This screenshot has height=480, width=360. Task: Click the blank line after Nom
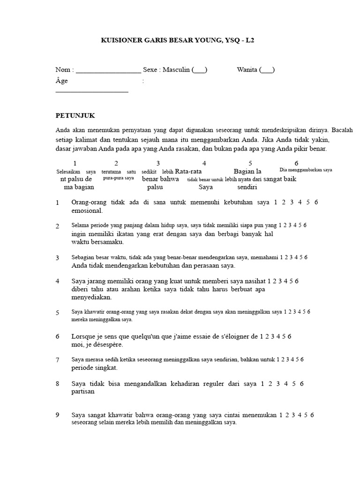[108, 70]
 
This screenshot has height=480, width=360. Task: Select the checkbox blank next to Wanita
[267, 70]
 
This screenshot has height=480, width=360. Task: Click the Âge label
[61, 81]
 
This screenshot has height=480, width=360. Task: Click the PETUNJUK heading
[75, 115]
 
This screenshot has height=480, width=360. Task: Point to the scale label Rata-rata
[188, 172]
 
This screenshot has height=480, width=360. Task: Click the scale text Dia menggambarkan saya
[306, 170]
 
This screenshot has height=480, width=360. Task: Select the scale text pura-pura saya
[119, 178]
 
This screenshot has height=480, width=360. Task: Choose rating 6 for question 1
[316, 202]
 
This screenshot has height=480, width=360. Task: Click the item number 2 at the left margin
[57, 226]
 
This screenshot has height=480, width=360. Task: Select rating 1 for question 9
[281, 415]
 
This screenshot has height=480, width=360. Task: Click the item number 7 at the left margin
[57, 360]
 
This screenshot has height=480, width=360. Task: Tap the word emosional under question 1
[87, 210]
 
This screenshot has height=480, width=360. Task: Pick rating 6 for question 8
[301, 384]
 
